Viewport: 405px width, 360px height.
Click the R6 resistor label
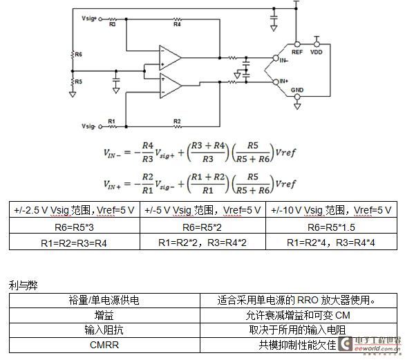click(x=78, y=55)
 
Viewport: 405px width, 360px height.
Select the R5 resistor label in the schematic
click(x=78, y=82)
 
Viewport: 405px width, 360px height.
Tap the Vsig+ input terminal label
click(x=89, y=19)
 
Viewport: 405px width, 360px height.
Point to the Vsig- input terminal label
click(x=88, y=126)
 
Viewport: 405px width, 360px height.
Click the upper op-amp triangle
click(x=170, y=58)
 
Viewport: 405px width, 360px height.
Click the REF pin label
click(x=297, y=52)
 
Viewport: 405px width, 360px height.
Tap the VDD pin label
click(x=316, y=52)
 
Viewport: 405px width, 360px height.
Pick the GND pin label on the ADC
click(x=297, y=90)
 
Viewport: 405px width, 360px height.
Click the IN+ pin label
click(x=284, y=81)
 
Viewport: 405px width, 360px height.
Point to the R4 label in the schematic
click(x=177, y=24)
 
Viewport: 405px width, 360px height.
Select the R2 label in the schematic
click(x=177, y=121)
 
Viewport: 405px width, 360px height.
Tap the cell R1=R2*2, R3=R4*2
click(x=202, y=242)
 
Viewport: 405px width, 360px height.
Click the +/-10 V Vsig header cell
click(x=331, y=209)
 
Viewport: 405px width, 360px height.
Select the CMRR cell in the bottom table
click(x=104, y=345)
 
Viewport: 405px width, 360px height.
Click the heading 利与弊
click(x=23, y=285)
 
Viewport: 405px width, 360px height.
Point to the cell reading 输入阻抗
click(x=104, y=330)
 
